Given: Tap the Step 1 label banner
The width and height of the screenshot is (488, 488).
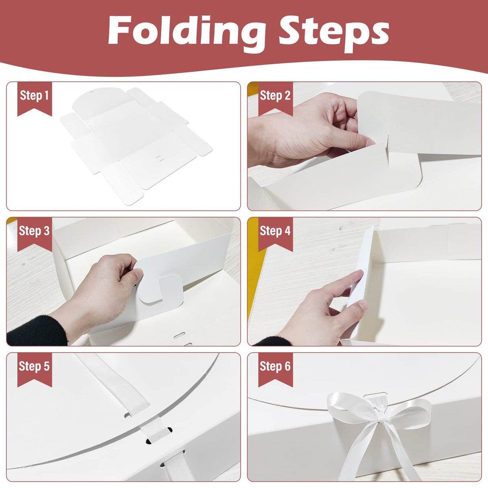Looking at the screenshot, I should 34,96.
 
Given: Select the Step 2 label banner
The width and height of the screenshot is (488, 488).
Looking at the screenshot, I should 275,96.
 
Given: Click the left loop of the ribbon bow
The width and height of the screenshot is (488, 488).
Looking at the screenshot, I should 346,408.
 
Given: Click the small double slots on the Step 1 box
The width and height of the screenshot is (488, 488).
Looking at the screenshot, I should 160,158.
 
